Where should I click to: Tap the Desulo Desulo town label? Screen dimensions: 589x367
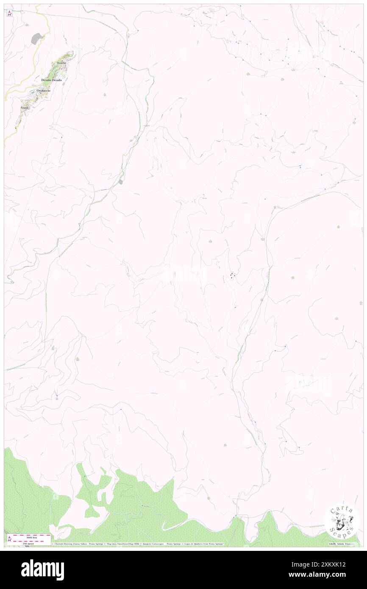tap(52, 80)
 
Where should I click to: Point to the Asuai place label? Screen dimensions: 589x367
tap(24, 108)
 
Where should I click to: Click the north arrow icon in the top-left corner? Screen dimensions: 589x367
tap(10, 13)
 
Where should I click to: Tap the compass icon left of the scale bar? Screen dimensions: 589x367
tap(9, 539)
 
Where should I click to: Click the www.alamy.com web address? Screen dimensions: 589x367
tap(325, 575)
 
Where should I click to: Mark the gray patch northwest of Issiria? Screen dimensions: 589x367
tap(37, 39)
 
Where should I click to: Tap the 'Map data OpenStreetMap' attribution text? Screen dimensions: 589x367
tap(128, 544)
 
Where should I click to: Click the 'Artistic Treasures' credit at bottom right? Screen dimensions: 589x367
tap(343, 544)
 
